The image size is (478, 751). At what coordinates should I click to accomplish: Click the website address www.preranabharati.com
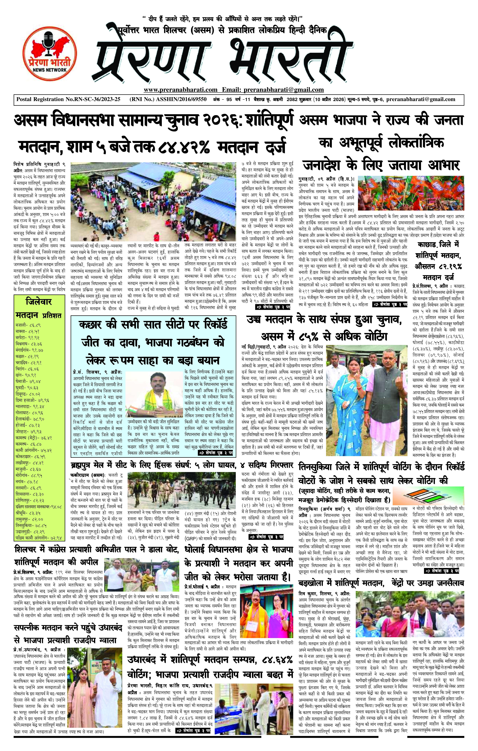point(180,90)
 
